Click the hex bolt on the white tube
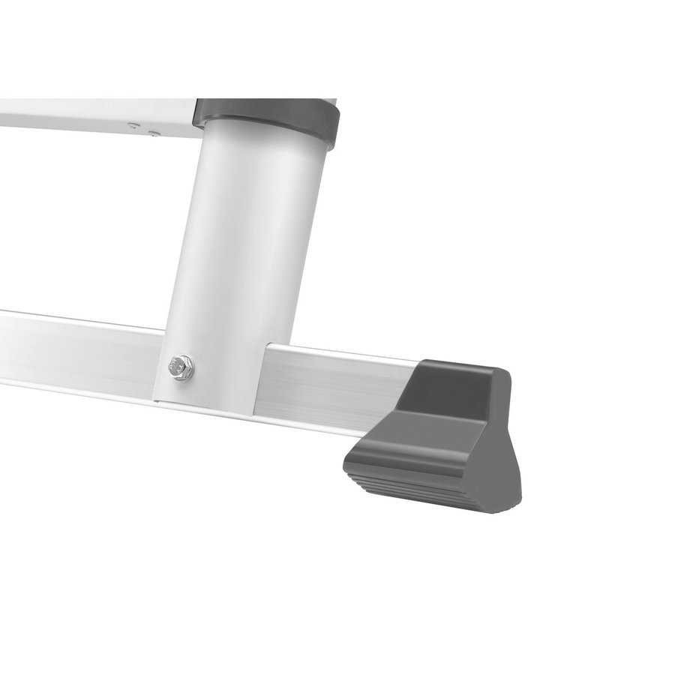[x=181, y=368]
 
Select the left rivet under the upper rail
[x=133, y=126]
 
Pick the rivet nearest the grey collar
[x=154, y=133]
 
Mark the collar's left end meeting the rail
[x=196, y=112]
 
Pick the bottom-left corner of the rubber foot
[x=346, y=465]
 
